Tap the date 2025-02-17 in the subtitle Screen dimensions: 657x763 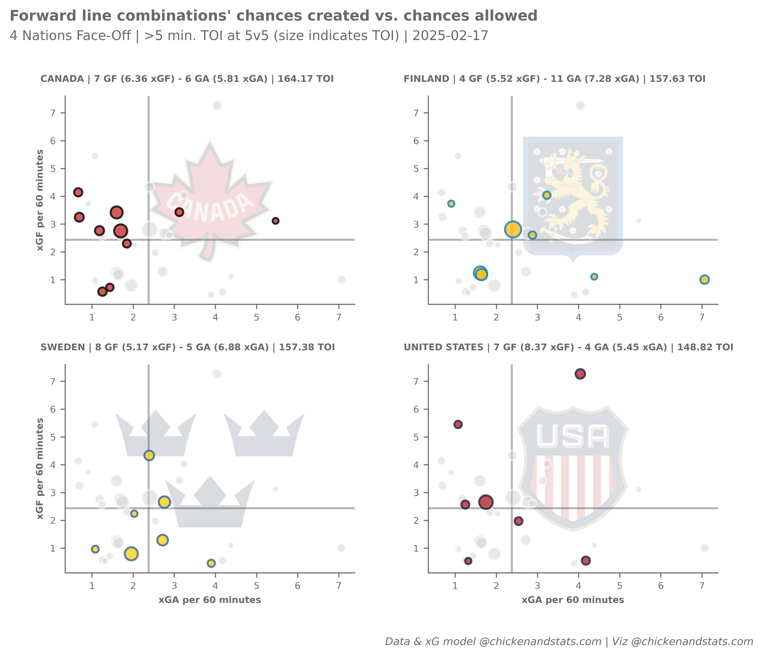(450, 36)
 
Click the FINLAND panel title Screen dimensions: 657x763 (554, 79)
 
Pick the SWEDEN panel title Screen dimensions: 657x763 (188, 347)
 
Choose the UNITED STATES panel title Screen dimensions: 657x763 (568, 347)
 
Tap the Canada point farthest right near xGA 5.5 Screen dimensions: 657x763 (275, 221)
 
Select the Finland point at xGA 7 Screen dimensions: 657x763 (704, 280)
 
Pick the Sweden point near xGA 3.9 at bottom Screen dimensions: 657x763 (211, 563)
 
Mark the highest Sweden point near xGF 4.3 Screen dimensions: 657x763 (149, 455)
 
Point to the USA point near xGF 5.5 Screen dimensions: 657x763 (458, 425)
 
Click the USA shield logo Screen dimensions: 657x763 (573, 468)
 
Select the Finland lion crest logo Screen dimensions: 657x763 (573, 195)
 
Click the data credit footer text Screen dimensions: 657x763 (569, 642)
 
